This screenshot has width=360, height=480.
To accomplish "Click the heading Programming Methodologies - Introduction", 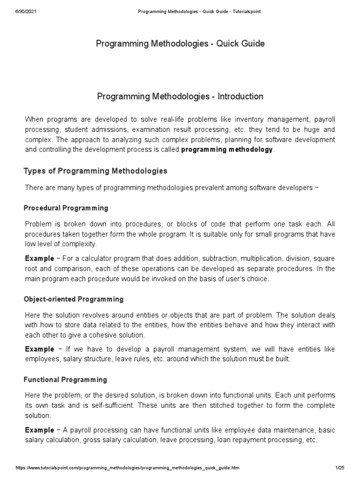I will click(180, 97).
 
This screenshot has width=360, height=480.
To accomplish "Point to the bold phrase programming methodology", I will click(226, 150).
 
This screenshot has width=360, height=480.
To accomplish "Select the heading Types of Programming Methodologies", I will click(95, 171).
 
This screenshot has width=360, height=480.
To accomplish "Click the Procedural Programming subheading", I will click(66, 208).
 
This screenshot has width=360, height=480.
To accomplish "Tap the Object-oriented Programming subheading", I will click(74, 299).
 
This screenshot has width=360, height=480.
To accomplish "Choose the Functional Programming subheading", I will click(66, 380).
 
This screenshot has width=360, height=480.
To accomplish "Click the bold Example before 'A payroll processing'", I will click(39, 430).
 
